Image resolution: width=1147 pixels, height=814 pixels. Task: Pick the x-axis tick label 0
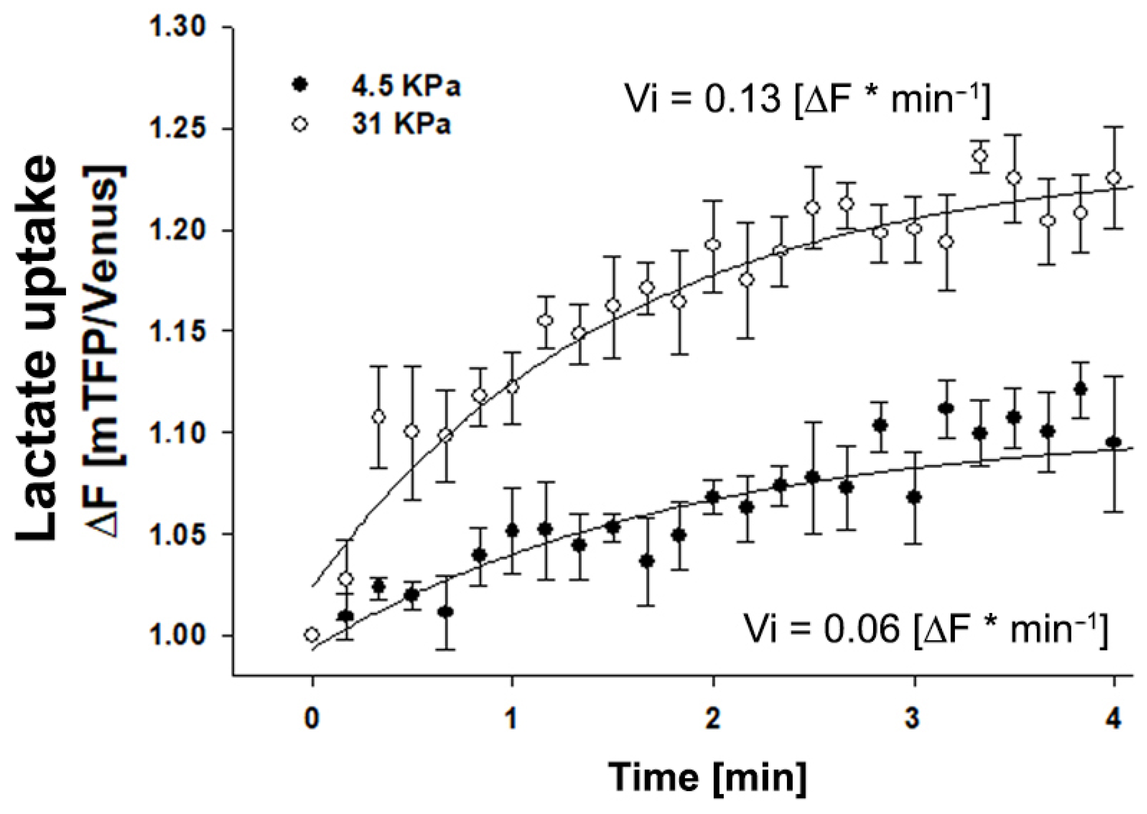tap(312, 720)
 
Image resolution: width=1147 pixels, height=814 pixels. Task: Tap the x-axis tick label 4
tap(1113, 720)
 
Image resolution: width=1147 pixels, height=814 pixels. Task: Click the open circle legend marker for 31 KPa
tap(300, 124)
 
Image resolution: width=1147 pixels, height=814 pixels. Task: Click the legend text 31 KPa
tap(401, 124)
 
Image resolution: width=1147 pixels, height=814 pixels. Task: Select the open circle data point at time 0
tap(312, 634)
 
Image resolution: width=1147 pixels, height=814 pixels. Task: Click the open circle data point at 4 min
tap(1113, 179)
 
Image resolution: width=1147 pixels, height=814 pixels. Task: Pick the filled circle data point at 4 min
tap(1113, 442)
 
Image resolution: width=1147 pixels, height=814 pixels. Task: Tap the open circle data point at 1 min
tap(512, 387)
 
